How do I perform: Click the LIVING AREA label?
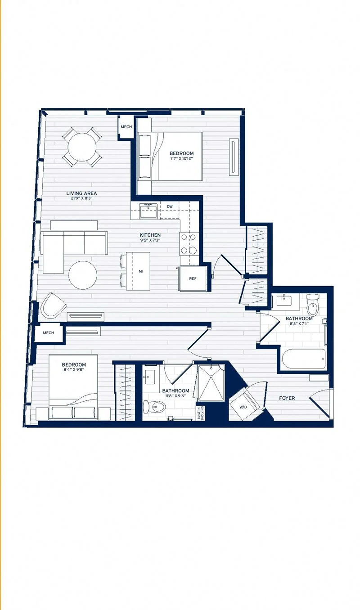81,193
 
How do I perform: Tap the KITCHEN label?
150,235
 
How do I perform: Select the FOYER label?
287,398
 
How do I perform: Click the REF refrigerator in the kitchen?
193,278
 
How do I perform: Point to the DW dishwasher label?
170,206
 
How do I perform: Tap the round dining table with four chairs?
82,147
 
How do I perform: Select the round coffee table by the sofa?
83,275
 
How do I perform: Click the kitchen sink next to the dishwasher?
148,211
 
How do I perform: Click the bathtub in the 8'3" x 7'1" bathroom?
304,359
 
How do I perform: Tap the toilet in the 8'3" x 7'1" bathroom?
312,305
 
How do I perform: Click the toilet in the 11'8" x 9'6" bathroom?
154,408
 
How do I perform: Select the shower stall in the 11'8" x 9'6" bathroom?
211,383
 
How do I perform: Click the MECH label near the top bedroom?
126,127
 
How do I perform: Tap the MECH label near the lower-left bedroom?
49,333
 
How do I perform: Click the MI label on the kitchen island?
141,271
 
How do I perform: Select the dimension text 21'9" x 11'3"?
81,198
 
